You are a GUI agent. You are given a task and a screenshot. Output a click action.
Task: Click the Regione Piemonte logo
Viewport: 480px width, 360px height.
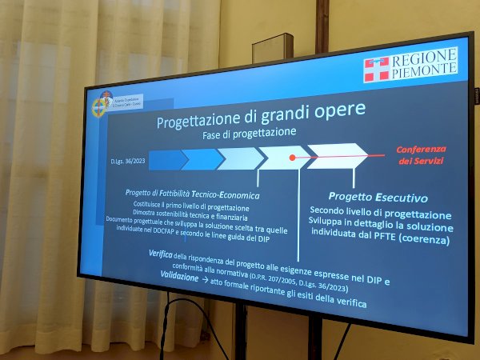[410, 65]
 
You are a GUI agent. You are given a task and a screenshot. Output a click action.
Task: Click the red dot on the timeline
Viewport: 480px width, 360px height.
[293, 158]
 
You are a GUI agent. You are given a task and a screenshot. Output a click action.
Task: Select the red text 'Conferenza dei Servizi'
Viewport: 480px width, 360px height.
[421, 154]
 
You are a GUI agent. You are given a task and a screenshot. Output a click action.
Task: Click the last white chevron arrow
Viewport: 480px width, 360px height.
[336, 155]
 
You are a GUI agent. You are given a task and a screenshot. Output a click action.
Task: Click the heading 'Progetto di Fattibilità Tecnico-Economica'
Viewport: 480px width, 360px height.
[192, 194]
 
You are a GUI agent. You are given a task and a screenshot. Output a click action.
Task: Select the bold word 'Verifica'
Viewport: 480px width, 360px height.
[161, 254]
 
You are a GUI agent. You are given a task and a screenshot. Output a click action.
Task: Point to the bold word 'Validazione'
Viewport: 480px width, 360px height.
[179, 275]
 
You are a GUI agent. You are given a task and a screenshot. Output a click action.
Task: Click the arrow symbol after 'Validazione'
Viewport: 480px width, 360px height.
[206, 279]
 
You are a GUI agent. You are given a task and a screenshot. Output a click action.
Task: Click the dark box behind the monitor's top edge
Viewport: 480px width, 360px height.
[273, 48]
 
